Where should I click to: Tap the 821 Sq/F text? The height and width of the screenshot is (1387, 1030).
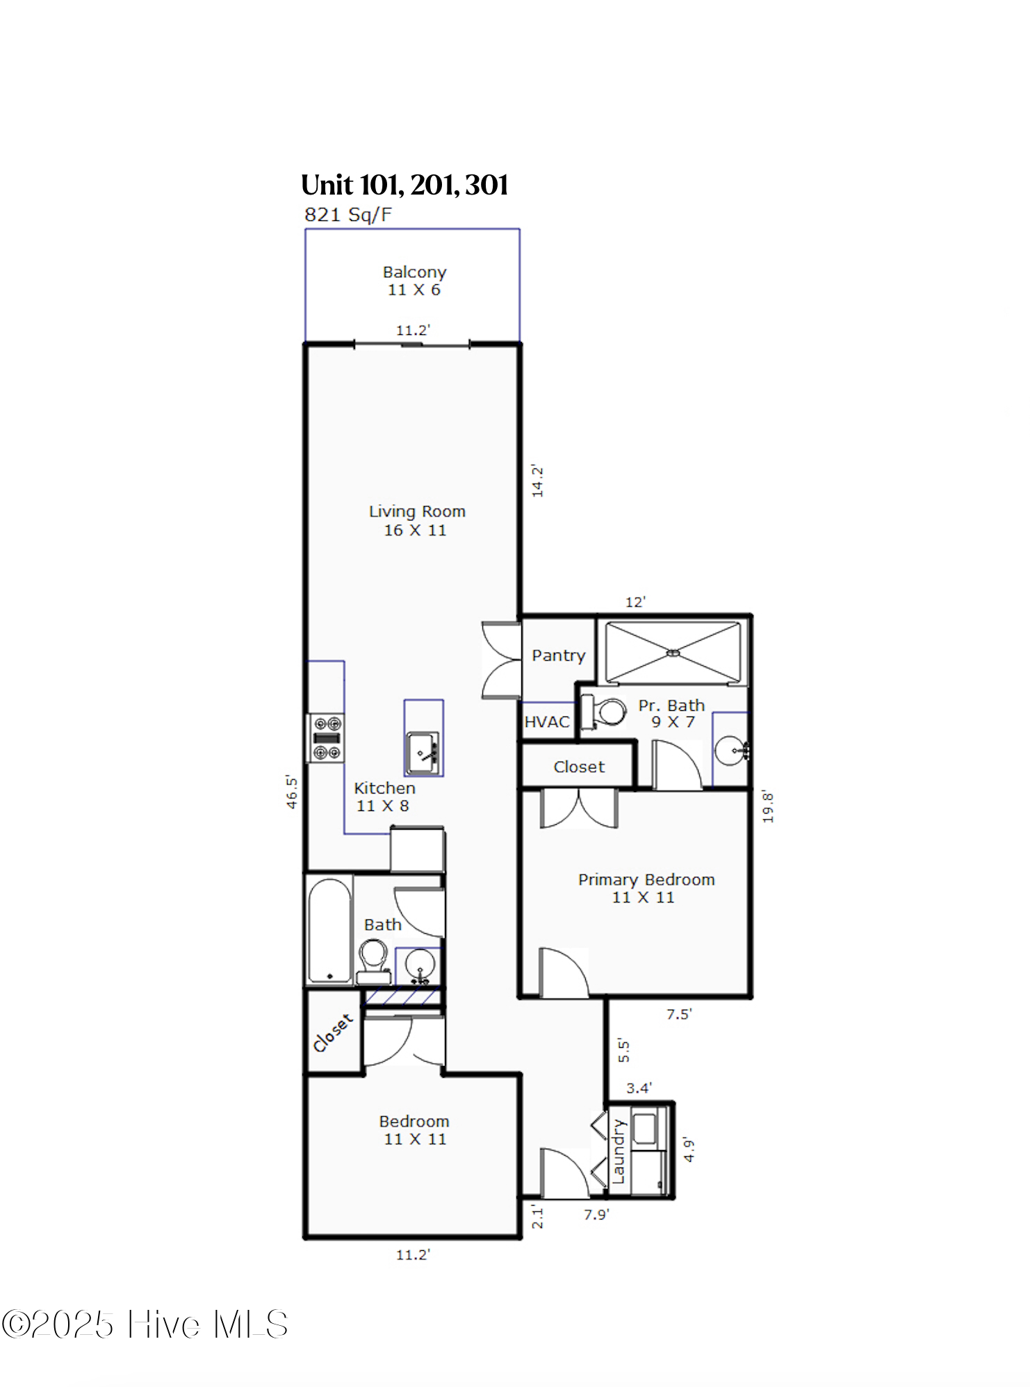(348, 215)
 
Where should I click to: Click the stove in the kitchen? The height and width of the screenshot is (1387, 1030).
(327, 738)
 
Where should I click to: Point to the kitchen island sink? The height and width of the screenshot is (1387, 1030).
(423, 752)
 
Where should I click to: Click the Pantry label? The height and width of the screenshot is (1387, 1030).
(558, 655)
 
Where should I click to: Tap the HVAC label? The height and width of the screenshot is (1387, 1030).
(547, 722)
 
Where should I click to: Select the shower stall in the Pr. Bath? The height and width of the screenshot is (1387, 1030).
(673, 653)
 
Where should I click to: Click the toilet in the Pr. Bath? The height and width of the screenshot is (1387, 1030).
(604, 712)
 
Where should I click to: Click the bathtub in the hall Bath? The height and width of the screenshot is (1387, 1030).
(329, 930)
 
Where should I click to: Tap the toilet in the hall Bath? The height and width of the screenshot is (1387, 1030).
(373, 959)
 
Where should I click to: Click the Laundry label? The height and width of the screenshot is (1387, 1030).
(618, 1151)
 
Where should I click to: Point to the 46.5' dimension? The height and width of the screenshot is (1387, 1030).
(292, 792)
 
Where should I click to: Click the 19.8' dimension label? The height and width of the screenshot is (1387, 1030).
(767, 806)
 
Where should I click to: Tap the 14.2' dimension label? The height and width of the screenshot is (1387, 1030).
(537, 481)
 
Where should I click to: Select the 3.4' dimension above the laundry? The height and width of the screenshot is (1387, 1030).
(639, 1088)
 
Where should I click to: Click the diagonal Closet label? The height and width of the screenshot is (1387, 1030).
(333, 1033)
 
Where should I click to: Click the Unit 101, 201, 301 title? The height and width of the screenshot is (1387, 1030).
(404, 185)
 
